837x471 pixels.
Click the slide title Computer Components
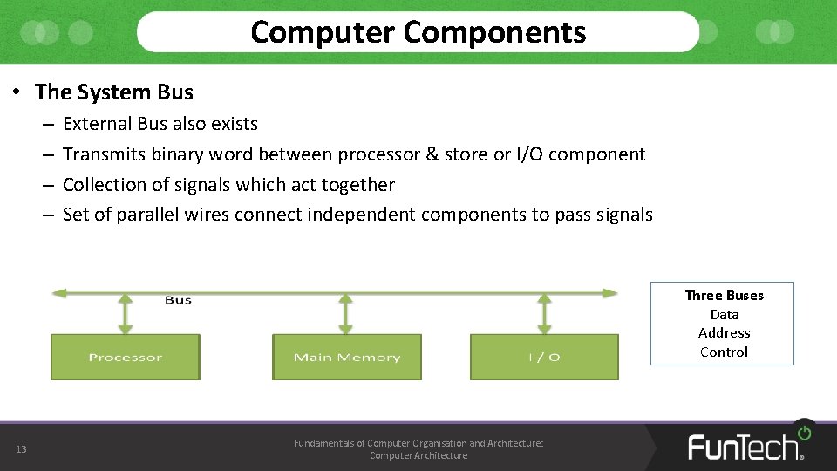click(418, 32)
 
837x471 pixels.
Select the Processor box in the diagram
click(126, 358)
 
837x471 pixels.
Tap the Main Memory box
click(347, 358)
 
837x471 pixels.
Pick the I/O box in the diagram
click(544, 358)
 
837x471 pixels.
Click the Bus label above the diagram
click(178, 300)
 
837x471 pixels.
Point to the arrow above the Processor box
click(126, 314)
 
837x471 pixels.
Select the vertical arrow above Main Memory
click(347, 314)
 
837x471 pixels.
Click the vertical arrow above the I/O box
click(545, 314)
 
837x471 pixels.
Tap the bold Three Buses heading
click(724, 296)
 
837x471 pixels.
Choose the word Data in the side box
click(725, 315)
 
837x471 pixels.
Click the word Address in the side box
click(724, 333)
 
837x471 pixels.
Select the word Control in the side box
click(724, 352)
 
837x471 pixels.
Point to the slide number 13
click(21, 449)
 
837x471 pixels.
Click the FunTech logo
click(744, 447)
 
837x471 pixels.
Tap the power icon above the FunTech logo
click(804, 432)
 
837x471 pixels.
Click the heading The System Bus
click(114, 92)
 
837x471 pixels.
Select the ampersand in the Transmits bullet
click(432, 154)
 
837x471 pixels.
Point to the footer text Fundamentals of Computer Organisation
click(418, 443)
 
